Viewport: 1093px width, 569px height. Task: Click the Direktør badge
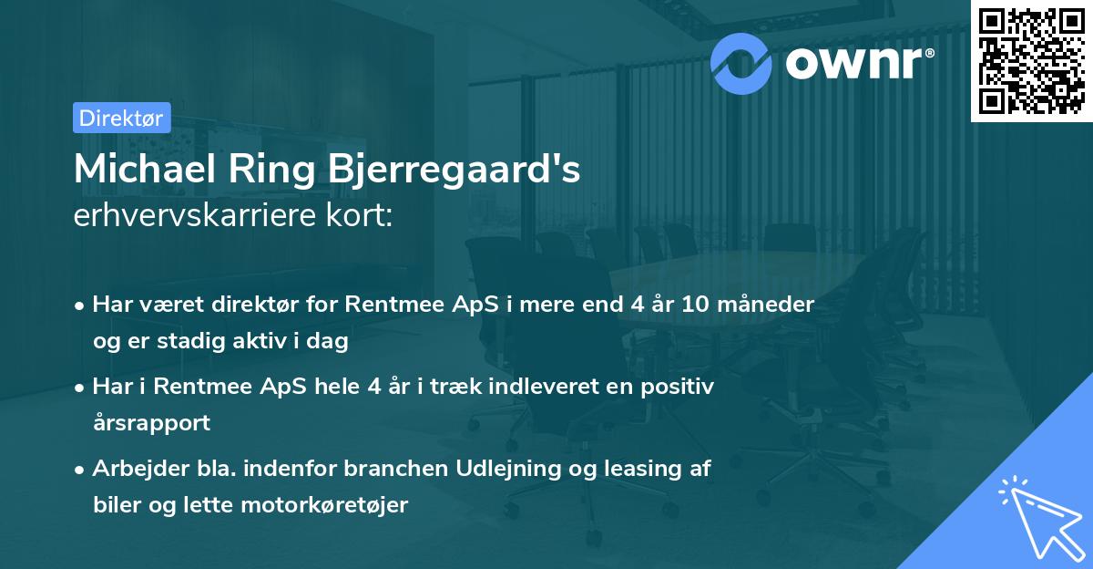point(121,118)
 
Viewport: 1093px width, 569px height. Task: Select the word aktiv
point(276,342)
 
